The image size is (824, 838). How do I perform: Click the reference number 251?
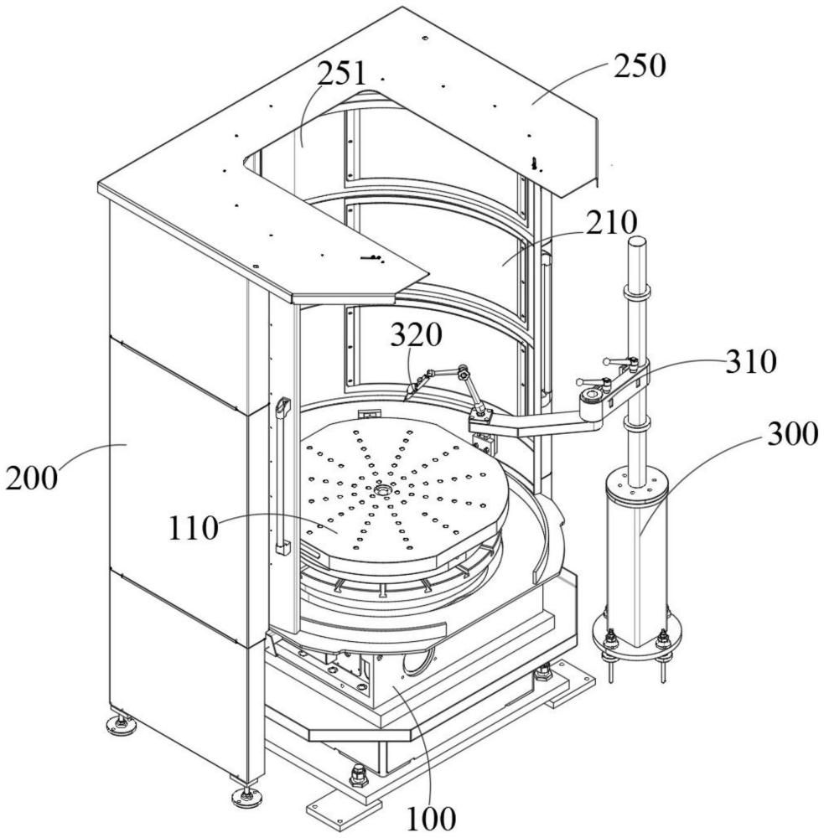tap(342, 74)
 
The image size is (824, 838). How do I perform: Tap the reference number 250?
tap(640, 65)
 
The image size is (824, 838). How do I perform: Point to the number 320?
tap(417, 335)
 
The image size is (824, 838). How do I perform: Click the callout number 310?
tap(751, 361)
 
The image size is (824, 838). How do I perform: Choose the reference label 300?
tap(793, 433)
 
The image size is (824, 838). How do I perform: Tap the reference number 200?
tap(32, 478)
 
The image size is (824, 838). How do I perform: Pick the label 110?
tap(194, 528)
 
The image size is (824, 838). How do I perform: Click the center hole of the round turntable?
tap(384, 489)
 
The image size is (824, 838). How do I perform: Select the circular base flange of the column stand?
tap(637, 634)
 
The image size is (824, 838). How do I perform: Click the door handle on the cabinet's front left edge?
tap(282, 476)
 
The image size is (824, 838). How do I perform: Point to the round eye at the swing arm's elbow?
tap(593, 396)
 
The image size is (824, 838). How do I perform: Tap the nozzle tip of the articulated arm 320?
tap(407, 395)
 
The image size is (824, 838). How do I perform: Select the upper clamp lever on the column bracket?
tap(619, 362)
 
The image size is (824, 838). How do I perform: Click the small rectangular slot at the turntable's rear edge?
tap(369, 413)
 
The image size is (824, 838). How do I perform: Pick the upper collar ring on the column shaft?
tap(636, 292)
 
